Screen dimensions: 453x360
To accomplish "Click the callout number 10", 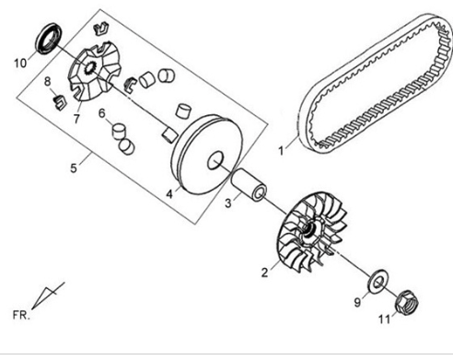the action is [x=20, y=64].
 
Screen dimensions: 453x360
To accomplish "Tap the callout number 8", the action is [x=47, y=82].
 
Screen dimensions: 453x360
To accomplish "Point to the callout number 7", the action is [x=76, y=118].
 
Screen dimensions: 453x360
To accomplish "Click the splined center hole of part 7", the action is [x=90, y=68].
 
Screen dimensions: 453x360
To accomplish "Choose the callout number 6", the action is [x=102, y=113].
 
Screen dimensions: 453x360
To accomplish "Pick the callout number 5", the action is [x=74, y=168].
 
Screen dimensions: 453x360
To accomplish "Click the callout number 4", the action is [x=169, y=194].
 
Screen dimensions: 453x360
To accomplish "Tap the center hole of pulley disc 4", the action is [x=215, y=160].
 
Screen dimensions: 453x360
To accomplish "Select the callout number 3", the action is [x=228, y=203].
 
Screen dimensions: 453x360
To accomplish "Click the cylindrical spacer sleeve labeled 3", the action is [x=249, y=185].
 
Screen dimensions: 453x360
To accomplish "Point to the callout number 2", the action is [x=265, y=273].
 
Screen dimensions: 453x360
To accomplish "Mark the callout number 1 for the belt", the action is [x=281, y=151].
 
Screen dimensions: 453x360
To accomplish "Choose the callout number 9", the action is [x=357, y=302].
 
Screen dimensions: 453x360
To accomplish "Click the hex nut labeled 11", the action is [x=407, y=302].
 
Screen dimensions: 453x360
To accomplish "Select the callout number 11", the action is [x=385, y=319].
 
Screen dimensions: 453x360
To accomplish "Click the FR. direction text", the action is [x=21, y=315].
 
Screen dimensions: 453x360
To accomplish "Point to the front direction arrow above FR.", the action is [x=48, y=296].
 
